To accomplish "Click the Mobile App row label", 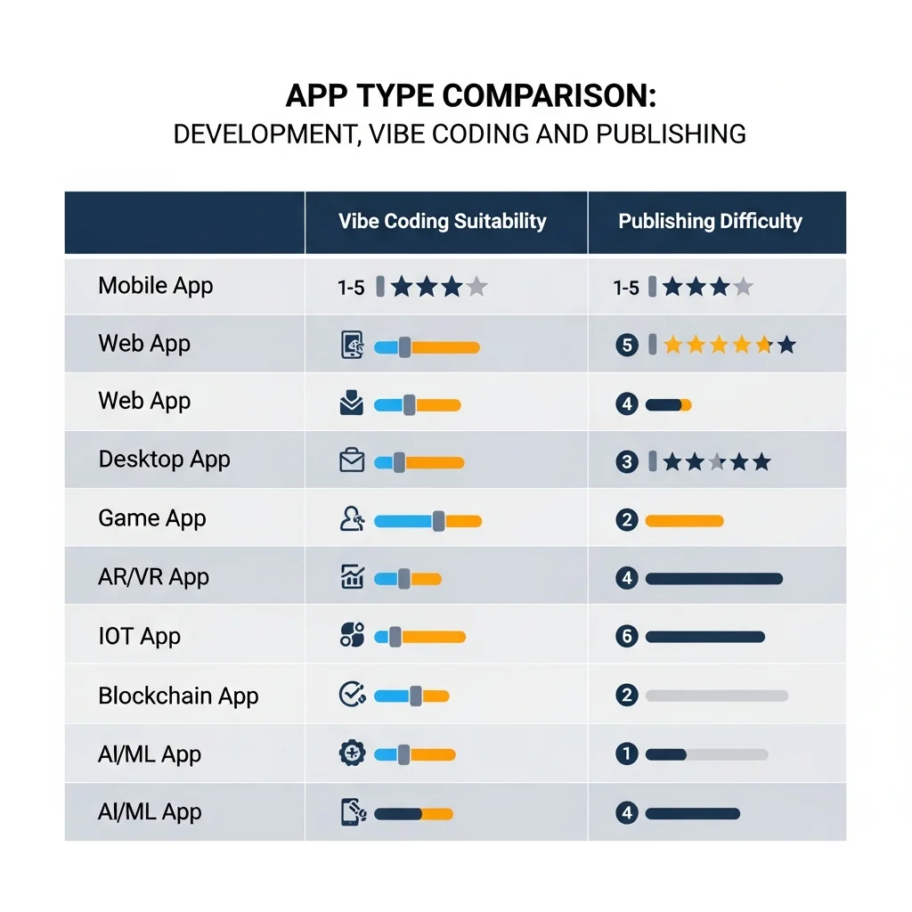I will pyautogui.click(x=156, y=286).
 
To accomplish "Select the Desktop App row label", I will pyautogui.click(x=164, y=460).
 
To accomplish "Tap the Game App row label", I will pyautogui.click(x=151, y=518).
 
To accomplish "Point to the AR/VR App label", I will pyautogui.click(x=153, y=577).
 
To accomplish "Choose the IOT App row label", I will pyautogui.click(x=139, y=636).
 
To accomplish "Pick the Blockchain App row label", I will pyautogui.click(x=178, y=696).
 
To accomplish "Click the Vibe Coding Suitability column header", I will pyautogui.click(x=443, y=222).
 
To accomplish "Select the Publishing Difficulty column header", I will pyautogui.click(x=710, y=222).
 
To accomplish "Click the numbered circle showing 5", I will pyautogui.click(x=627, y=345).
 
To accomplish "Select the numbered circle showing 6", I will pyautogui.click(x=627, y=637).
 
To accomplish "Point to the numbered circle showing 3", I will pyautogui.click(x=627, y=461).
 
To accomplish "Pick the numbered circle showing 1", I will pyautogui.click(x=627, y=754).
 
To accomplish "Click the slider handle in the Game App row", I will pyautogui.click(x=438, y=521).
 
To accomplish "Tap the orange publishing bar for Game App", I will pyautogui.click(x=684, y=520).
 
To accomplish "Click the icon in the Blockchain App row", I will pyautogui.click(x=353, y=695).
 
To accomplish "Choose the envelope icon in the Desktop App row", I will pyautogui.click(x=353, y=461).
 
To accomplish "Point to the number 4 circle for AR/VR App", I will pyautogui.click(x=627, y=579).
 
